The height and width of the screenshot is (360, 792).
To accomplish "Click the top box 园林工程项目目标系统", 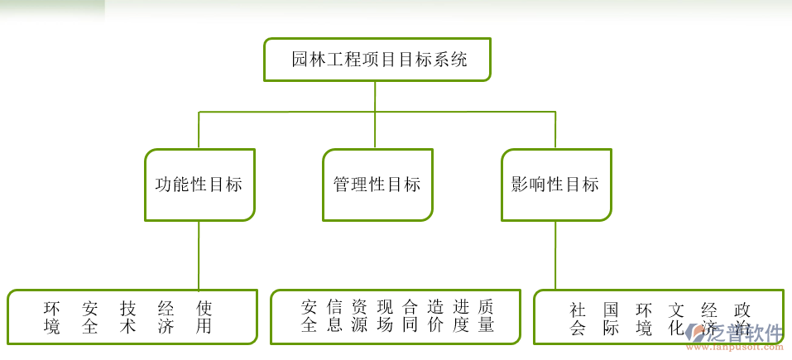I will (377, 60).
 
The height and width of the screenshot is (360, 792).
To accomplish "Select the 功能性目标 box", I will (199, 185).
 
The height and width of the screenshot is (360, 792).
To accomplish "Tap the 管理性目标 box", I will (377, 185).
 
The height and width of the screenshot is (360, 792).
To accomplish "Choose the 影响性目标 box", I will (556, 185).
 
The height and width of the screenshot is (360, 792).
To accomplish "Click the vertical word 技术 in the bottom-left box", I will (127, 317).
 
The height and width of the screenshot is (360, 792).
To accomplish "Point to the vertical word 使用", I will (204, 317).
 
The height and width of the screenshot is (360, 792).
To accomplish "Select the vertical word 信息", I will (335, 315).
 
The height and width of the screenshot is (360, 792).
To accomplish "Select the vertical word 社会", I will (578, 319).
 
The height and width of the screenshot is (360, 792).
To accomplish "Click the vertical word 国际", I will (611, 319).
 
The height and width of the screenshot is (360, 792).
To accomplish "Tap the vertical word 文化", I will (677, 319).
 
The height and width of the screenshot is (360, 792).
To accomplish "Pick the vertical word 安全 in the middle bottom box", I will (310, 315).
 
